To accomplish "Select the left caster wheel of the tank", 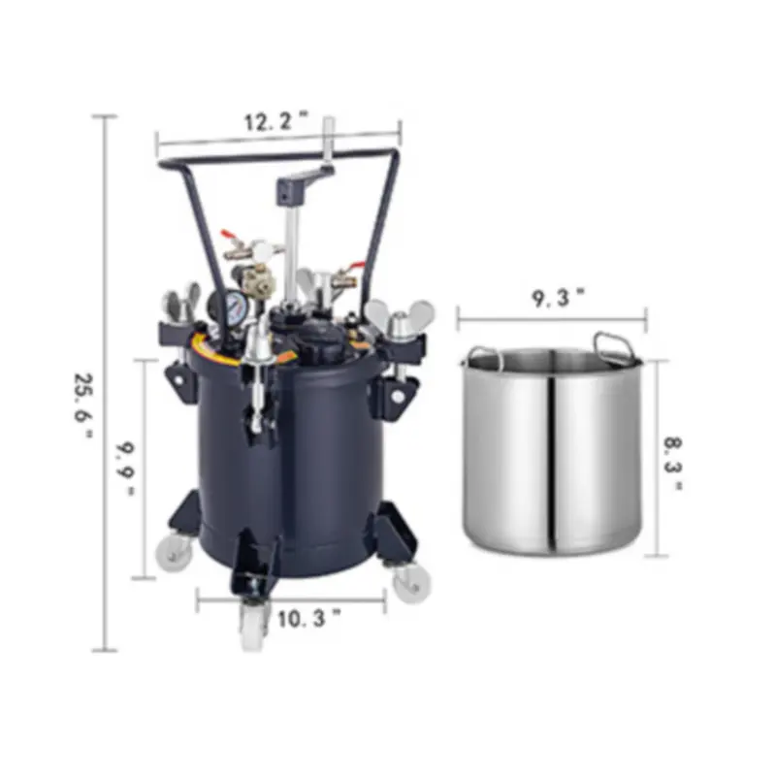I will point(174,551).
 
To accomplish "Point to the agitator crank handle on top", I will point(308,178).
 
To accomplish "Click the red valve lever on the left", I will point(230,236).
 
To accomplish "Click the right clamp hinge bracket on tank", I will point(400,393).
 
